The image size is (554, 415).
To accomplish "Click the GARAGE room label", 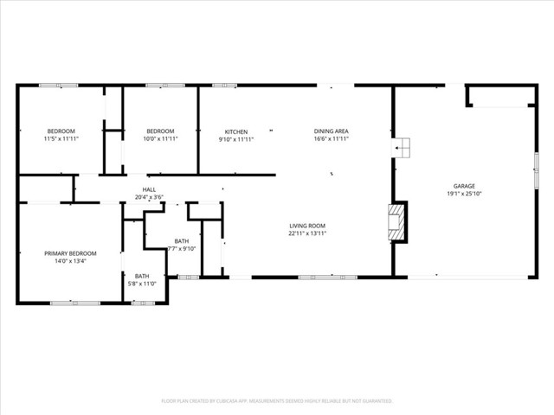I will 464,186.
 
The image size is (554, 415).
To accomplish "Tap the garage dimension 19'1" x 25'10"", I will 464,194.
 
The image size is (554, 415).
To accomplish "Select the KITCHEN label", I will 236,131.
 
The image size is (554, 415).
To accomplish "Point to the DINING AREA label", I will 331,131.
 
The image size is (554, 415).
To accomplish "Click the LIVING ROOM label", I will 307,227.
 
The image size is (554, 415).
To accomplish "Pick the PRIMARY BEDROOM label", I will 70,253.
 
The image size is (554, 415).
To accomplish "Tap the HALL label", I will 150,189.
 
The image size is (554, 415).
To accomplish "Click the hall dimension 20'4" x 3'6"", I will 150,197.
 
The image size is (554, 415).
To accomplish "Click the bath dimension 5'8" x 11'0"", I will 142,284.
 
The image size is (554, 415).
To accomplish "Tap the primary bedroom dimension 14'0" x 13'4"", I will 70,261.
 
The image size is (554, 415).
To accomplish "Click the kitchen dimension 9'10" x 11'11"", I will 236,139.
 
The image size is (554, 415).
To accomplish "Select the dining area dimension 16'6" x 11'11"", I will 331,139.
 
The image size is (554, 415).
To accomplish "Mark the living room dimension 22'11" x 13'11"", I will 307,234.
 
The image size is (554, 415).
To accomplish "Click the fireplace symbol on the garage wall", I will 396,221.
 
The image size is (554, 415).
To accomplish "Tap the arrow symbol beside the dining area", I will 401,149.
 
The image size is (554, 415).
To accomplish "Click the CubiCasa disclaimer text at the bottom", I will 277,401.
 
